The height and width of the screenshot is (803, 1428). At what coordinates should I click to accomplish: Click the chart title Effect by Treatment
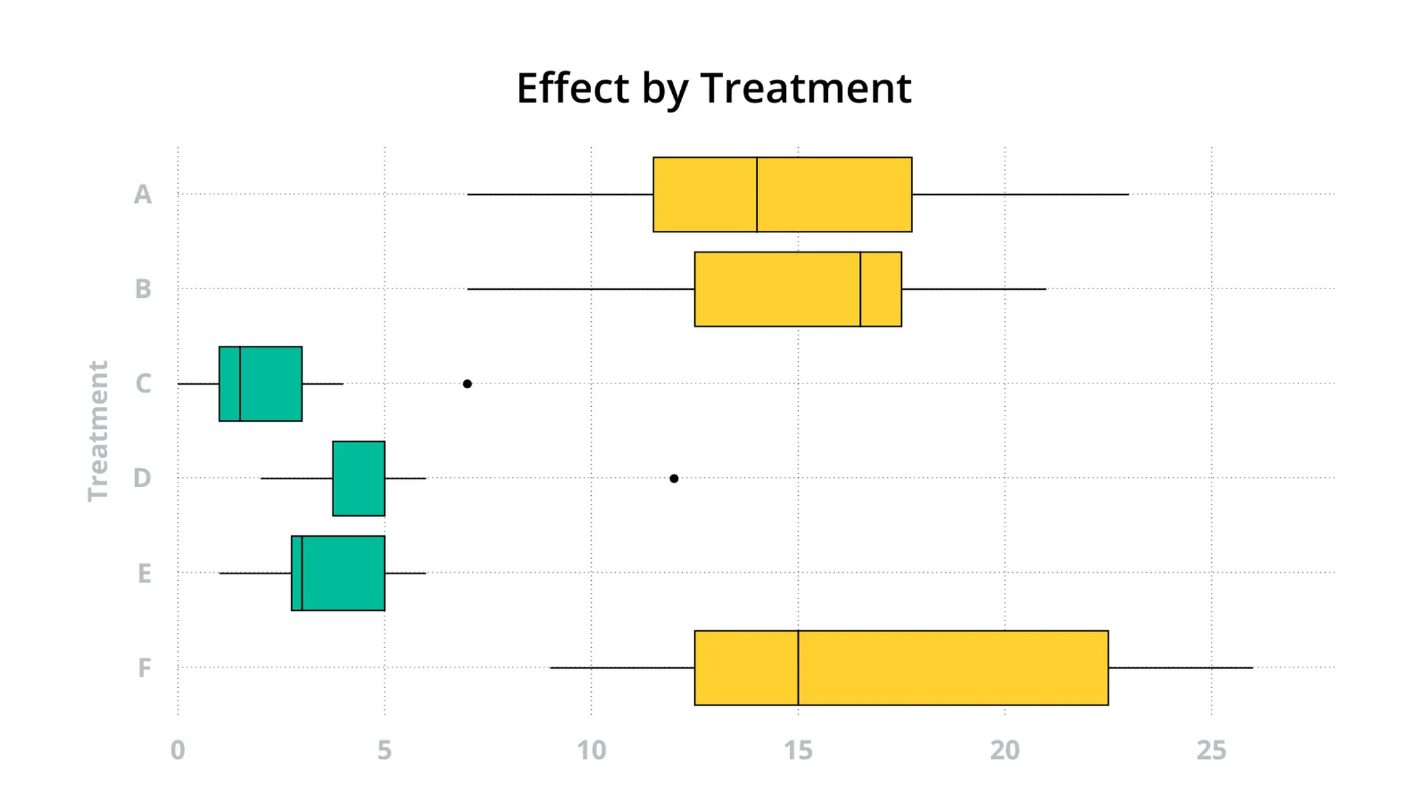(x=714, y=88)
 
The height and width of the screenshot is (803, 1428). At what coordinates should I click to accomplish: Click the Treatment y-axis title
(x=98, y=431)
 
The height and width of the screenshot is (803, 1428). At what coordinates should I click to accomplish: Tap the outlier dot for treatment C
(x=467, y=384)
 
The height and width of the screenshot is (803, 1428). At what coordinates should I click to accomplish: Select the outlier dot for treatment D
(x=674, y=478)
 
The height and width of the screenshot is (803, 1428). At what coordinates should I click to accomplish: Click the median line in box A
(x=757, y=195)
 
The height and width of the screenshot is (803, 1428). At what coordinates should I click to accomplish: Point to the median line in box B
(x=860, y=289)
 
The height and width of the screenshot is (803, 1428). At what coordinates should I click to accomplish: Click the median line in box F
(x=798, y=668)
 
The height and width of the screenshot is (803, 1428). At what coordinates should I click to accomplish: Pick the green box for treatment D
(x=359, y=478)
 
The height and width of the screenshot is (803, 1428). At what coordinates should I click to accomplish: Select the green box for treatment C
(x=271, y=384)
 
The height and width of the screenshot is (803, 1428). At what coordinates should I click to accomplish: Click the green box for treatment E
(x=343, y=573)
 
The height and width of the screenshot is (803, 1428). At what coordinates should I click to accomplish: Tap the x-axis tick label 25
(x=1211, y=751)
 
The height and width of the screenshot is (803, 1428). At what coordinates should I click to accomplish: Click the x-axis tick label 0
(x=177, y=751)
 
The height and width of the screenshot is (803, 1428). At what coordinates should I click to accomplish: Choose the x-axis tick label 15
(x=798, y=751)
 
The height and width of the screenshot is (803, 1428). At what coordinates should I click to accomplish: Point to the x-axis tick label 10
(x=591, y=751)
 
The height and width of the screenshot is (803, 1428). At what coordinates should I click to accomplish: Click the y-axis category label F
(x=144, y=668)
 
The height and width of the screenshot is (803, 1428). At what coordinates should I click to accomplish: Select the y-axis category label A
(x=143, y=195)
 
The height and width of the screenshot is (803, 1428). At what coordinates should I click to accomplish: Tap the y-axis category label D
(x=142, y=478)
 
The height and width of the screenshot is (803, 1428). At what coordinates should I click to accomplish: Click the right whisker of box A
(x=1020, y=195)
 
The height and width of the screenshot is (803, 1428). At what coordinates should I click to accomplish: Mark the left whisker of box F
(x=622, y=668)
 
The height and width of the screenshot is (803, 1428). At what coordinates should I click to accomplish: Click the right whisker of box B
(x=973, y=289)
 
